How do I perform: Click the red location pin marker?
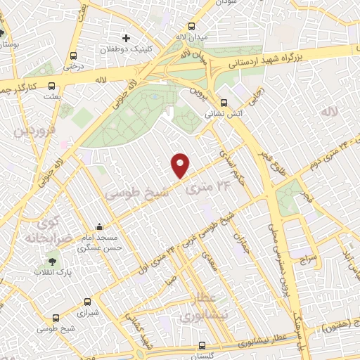(181, 165)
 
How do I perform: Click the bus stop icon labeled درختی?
(74, 57)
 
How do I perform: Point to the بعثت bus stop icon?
(51, 87)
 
